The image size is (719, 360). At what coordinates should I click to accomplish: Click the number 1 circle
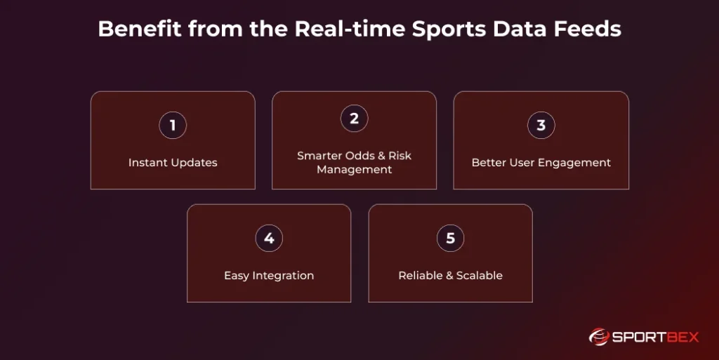173,126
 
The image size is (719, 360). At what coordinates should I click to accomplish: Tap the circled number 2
354,119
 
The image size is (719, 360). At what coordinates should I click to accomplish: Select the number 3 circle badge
541,126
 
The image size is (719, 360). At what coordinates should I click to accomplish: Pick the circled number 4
269,239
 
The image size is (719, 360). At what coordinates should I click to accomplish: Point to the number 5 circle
450,239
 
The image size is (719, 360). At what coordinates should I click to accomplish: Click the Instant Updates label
173,163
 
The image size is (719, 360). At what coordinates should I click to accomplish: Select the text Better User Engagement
541,163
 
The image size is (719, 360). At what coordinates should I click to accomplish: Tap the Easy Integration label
269,276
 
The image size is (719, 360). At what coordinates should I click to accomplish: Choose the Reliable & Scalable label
450,276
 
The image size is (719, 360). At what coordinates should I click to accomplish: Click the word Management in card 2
354,170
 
